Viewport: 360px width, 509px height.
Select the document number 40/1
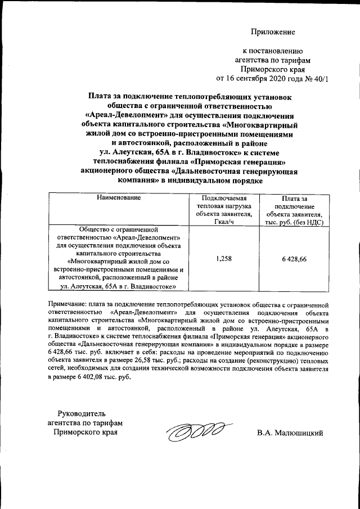click(x=318, y=78)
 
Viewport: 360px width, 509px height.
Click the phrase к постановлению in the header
click(x=273, y=51)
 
